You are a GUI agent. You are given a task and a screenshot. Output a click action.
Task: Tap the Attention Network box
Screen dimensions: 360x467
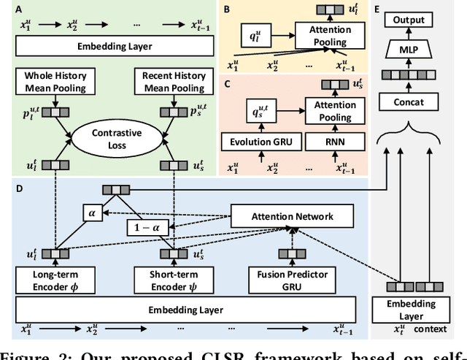[x=292, y=216]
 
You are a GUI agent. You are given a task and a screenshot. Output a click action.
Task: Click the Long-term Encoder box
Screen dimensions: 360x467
[x=47, y=279]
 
